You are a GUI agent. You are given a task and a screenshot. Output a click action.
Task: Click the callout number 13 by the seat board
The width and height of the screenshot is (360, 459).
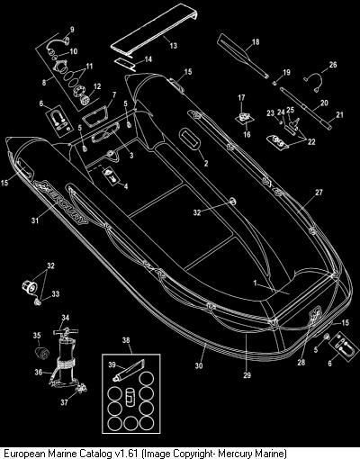click(x=174, y=46)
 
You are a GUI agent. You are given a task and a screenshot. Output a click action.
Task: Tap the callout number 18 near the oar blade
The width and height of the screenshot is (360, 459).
click(x=256, y=41)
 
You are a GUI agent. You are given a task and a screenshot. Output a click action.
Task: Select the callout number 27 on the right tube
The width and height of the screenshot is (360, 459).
click(x=319, y=193)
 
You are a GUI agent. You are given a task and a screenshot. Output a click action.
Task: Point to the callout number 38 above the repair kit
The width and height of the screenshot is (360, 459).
click(x=126, y=340)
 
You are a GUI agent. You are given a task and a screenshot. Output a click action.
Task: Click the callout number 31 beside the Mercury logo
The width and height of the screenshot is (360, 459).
click(x=35, y=220)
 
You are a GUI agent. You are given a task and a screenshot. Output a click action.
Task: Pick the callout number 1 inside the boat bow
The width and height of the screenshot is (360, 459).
click(x=255, y=283)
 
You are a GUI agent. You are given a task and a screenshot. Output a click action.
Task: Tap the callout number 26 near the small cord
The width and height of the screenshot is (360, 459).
click(x=333, y=65)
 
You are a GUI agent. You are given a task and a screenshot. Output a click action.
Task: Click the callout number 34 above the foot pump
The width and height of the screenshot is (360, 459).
click(x=66, y=318)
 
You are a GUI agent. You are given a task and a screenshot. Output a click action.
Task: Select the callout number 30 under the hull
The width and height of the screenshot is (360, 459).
click(x=199, y=365)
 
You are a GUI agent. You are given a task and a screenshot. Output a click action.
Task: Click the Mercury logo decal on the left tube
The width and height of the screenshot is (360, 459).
click(x=60, y=202)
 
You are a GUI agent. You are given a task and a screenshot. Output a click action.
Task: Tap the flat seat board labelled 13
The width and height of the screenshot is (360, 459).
click(x=155, y=30)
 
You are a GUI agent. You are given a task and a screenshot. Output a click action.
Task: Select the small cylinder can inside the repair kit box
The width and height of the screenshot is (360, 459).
click(x=130, y=397)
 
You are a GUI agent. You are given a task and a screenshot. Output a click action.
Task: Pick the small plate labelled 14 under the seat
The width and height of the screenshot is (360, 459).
click(x=125, y=65)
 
